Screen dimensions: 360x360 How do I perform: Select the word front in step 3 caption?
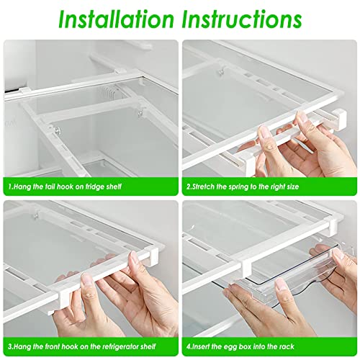[x=53, y=347]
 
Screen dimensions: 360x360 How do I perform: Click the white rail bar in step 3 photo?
[x=79, y=277]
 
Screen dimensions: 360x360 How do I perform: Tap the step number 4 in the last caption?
[x=188, y=347]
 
